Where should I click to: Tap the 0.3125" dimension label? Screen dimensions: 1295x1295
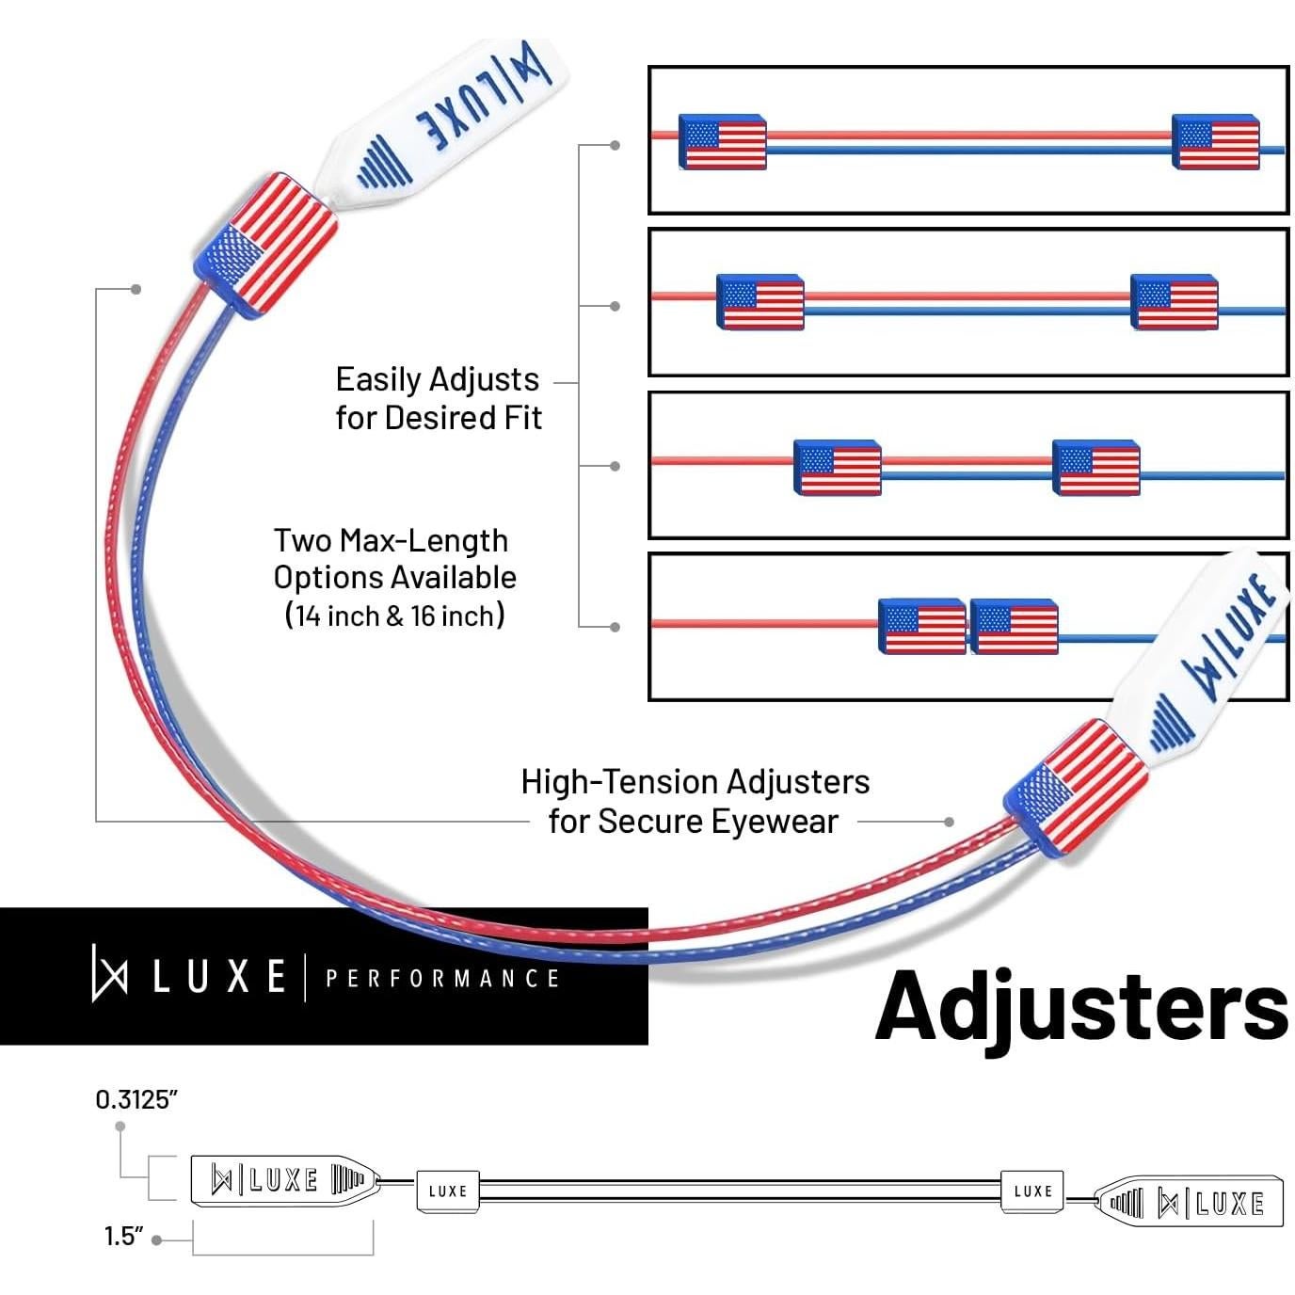click(x=136, y=1099)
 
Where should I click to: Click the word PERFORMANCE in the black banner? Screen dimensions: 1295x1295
click(x=442, y=979)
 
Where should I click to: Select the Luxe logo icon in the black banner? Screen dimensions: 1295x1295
click(x=109, y=975)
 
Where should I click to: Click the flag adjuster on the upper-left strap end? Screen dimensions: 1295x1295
click(x=264, y=245)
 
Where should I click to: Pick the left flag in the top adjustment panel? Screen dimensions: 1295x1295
click(x=722, y=142)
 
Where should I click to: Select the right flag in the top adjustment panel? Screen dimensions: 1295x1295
click(x=1215, y=142)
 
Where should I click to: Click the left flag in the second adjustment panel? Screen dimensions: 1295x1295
click(x=759, y=302)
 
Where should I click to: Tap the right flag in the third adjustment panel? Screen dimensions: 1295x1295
click(x=1095, y=467)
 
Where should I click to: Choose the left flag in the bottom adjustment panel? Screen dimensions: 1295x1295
click(x=921, y=626)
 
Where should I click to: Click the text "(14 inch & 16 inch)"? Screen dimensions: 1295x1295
click(x=395, y=616)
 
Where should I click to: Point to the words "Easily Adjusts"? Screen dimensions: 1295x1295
click(x=437, y=379)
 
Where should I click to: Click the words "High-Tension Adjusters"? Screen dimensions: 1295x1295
click(x=695, y=782)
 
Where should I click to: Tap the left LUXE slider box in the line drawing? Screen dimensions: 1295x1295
click(x=448, y=1191)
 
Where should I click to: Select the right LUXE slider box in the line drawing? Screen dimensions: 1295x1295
click(x=1032, y=1191)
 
